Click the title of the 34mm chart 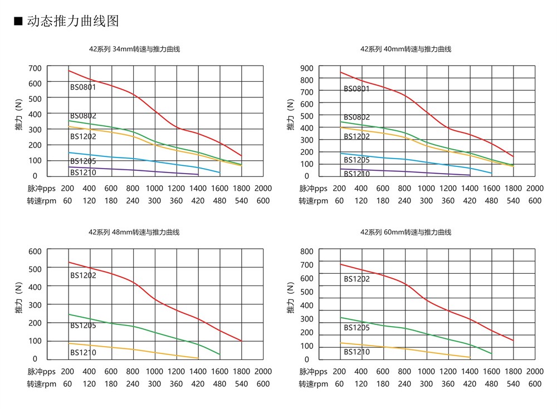click(x=134, y=49)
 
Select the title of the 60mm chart click(x=405, y=232)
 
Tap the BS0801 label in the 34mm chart click(x=83, y=87)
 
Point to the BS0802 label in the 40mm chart click(x=356, y=117)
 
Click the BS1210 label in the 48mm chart click(x=83, y=352)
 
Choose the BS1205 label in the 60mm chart click(x=356, y=328)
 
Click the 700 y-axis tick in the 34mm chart click(x=35, y=68)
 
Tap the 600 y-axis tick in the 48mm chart click(x=35, y=251)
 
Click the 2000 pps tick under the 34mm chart click(x=263, y=188)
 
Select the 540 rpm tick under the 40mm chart click(x=513, y=201)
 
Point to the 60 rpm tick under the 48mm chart click(x=67, y=384)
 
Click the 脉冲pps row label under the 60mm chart click(x=313, y=371)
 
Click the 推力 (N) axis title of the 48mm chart click(x=18, y=304)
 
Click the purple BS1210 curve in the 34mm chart click(x=134, y=170)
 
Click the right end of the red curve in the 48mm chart click(x=241, y=341)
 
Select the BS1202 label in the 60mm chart click(x=356, y=279)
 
